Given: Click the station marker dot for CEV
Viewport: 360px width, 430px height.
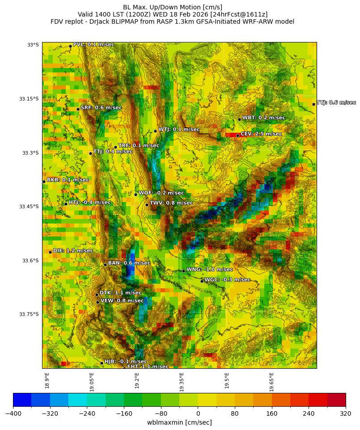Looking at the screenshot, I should point(237,135).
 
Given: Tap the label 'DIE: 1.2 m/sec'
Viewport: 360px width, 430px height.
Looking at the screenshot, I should point(73,251).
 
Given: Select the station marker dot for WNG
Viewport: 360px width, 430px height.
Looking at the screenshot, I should point(183,271).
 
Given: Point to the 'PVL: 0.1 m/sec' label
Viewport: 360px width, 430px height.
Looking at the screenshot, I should point(93,44).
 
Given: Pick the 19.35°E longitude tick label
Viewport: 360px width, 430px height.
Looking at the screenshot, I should point(182,382).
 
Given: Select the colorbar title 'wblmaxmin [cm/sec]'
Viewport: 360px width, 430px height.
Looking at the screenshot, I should point(179,422).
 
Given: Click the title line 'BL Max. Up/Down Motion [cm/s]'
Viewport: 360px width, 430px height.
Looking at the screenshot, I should point(172,7).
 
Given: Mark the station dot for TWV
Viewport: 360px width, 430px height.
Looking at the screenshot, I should point(147,205).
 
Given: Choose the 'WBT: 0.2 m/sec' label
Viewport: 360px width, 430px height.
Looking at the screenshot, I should point(263,118).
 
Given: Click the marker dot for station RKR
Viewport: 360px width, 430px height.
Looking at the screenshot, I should point(44,181).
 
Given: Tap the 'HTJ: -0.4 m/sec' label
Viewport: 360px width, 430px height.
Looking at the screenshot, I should point(89,202).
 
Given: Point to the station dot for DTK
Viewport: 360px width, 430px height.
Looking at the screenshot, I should point(97,295).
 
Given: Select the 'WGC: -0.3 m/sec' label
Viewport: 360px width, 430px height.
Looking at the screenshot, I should point(227,280).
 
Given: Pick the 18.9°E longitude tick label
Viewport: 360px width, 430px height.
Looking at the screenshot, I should point(47,380).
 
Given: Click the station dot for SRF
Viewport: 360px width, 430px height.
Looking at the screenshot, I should point(78,109).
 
